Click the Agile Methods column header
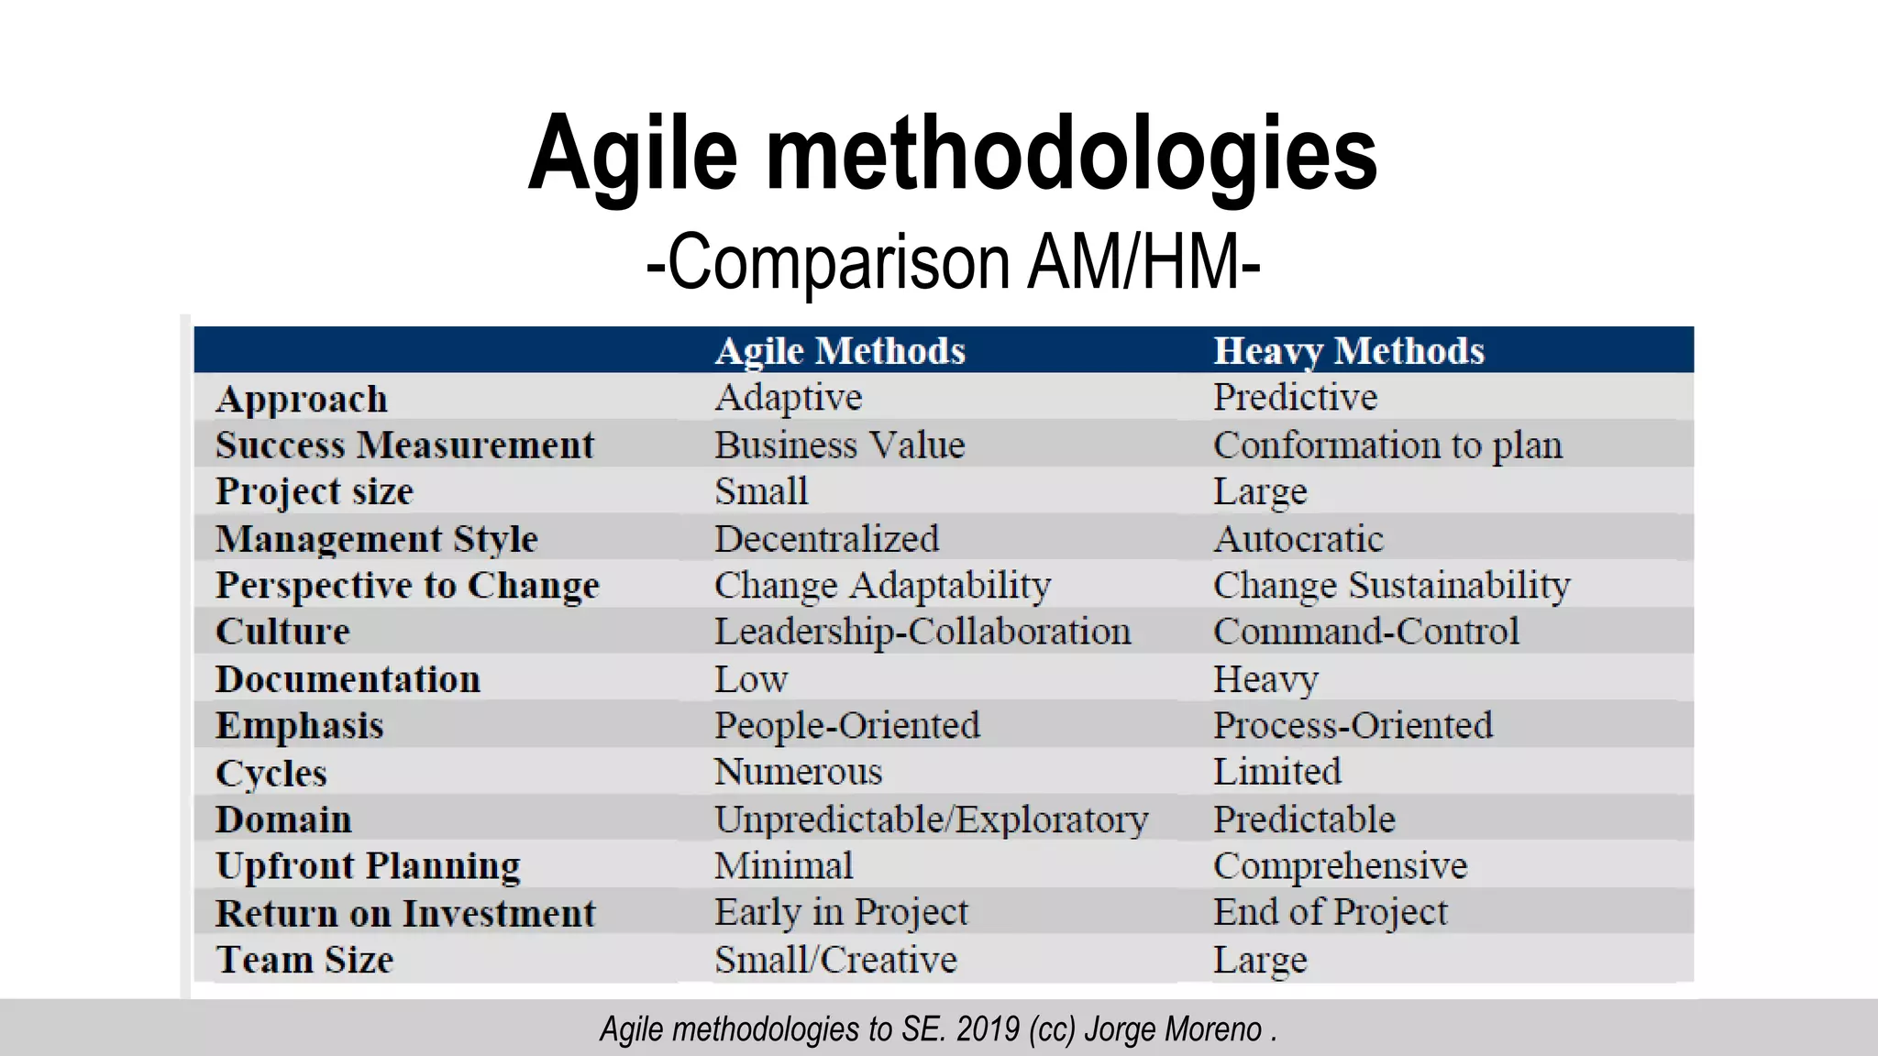pos(840,351)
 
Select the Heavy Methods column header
pos(1348,351)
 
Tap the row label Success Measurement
pos(404,445)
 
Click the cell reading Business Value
pos(840,445)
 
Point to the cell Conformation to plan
pos(1387,445)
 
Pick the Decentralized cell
pos(826,539)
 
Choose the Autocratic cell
pos(1298,539)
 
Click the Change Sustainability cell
pos(1391,586)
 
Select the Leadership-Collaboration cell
pos(922,632)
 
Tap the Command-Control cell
pos(1365,632)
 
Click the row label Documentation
pos(348,679)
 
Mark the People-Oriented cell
pos(847,726)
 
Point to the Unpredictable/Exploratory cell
pos(931,819)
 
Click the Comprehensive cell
pos(1340,866)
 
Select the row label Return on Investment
pos(405,914)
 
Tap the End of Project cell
pos(1330,913)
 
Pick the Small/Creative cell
pos(835,960)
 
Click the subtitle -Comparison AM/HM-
pos(953,263)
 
